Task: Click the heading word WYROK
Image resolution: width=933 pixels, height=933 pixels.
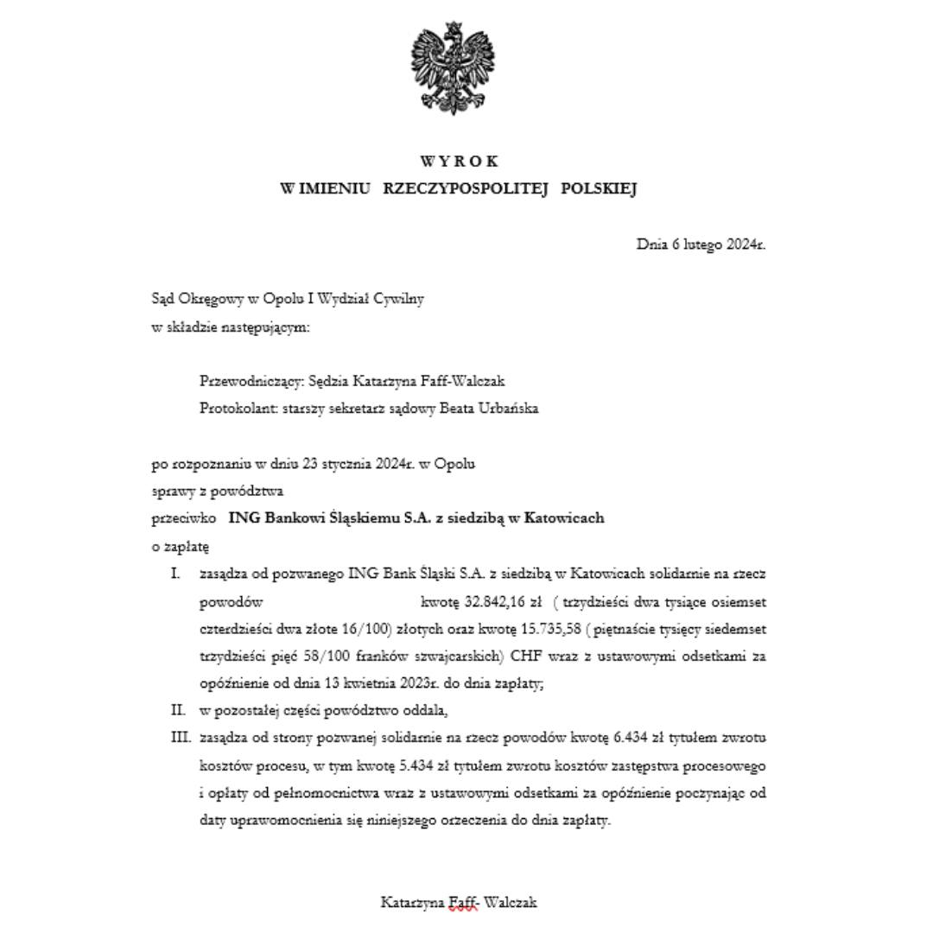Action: [459, 162]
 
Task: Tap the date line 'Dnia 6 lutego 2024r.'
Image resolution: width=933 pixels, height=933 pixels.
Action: [701, 244]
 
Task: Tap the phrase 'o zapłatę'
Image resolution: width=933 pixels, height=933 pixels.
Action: [180, 547]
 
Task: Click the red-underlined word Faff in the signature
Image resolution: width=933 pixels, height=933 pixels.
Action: [462, 903]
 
